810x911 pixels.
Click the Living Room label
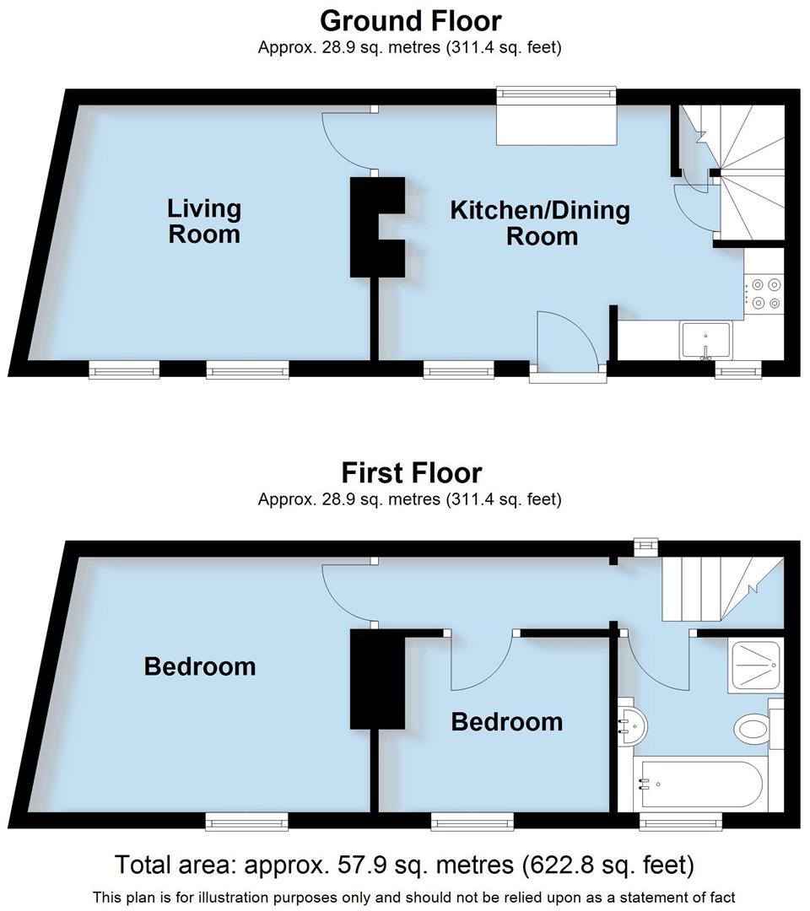(x=204, y=220)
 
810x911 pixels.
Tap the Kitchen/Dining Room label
(x=540, y=222)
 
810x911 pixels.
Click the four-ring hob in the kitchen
(x=765, y=294)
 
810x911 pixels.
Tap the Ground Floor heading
(x=410, y=20)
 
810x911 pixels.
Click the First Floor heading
(x=411, y=472)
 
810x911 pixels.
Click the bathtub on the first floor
(x=700, y=784)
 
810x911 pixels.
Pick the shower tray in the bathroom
(x=755, y=666)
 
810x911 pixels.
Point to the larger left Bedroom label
(x=200, y=666)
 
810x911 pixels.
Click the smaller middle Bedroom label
(x=506, y=721)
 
